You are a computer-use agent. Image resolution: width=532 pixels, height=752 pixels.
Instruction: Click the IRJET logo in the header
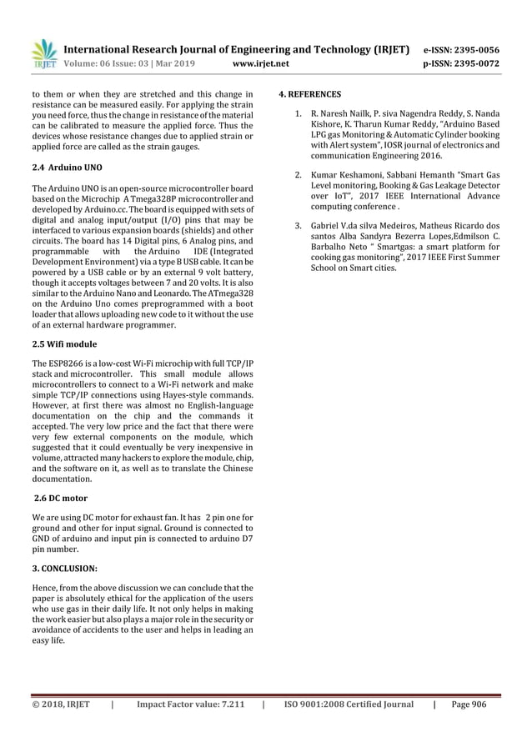43,54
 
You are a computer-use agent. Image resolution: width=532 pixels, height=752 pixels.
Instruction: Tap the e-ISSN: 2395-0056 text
463,49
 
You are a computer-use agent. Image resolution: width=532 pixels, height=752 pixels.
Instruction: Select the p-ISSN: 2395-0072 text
463,63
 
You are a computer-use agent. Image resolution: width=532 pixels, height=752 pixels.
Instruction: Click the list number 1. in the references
299,113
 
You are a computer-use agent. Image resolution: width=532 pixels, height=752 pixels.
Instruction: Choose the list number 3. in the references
299,225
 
